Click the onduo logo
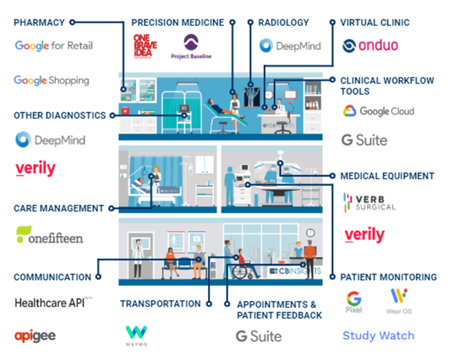tap(370, 46)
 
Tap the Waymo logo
tap(136, 336)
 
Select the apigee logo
tap(35, 335)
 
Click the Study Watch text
tap(378, 335)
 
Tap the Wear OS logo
tap(399, 301)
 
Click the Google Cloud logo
tap(378, 111)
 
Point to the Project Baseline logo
tap(191, 47)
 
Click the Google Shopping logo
tap(51, 80)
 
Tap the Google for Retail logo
tap(54, 46)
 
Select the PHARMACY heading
tap(39, 22)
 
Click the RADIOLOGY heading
tap(283, 22)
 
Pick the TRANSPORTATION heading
tap(160, 304)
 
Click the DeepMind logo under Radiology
tap(290, 46)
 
